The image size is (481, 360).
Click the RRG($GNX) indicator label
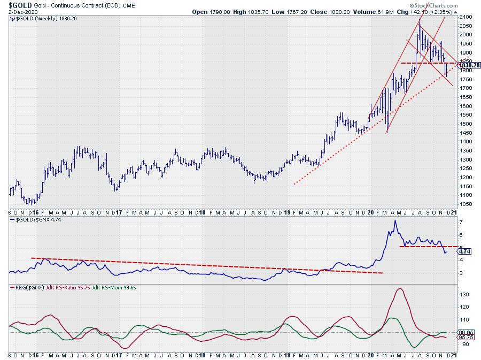[28, 288]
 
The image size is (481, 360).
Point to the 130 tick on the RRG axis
[465, 294]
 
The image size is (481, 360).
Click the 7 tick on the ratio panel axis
[461, 221]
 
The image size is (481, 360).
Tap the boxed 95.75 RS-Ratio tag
[466, 337]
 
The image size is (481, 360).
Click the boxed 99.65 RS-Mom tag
[466, 332]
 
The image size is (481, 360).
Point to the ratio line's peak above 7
[395, 220]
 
